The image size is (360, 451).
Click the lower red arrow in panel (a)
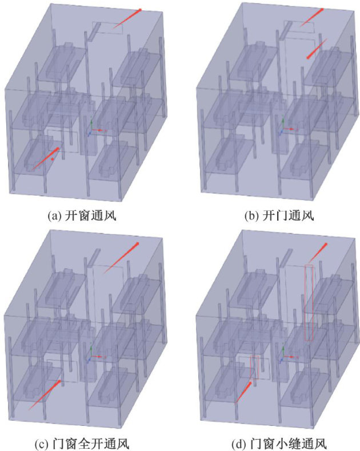pos(45,159)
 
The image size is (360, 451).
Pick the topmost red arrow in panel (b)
pos(311,18)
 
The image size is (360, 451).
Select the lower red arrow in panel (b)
pos(316,49)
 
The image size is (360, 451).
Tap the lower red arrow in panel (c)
pos(44,393)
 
